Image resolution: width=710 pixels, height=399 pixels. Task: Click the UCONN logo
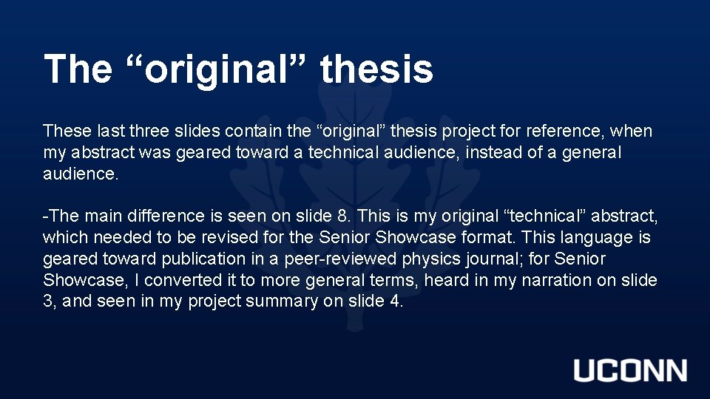point(630,370)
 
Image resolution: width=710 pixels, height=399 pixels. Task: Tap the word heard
point(445,281)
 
